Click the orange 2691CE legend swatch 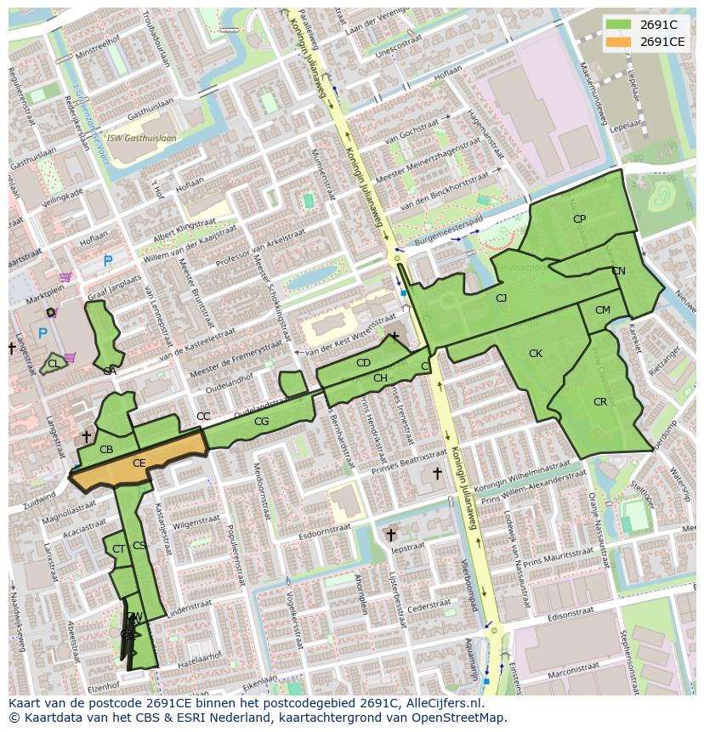click(x=618, y=41)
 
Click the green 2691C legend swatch click(x=618, y=24)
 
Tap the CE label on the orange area click(x=139, y=463)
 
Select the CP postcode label click(x=579, y=218)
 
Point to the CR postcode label click(x=600, y=402)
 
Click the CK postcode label click(x=535, y=354)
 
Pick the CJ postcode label click(x=501, y=298)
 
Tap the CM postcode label click(x=602, y=310)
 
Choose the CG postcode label click(x=261, y=422)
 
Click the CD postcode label click(x=363, y=363)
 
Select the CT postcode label click(x=118, y=549)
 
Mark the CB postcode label click(x=106, y=450)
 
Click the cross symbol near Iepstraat click(x=390, y=535)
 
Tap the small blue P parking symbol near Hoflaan click(x=107, y=261)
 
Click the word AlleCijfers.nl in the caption click(x=441, y=704)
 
